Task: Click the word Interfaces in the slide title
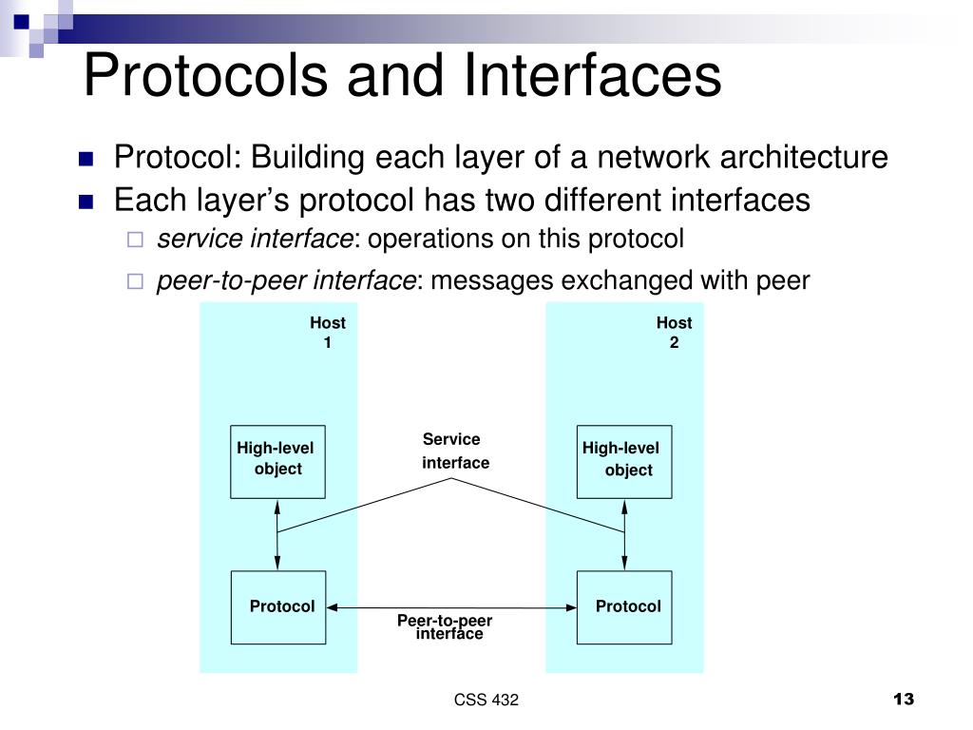(593, 77)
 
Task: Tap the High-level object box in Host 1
(277, 461)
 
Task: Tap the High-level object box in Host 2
(624, 461)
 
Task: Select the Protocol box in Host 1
(278, 607)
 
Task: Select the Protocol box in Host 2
(624, 607)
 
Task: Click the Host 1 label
(328, 333)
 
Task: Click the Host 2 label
(674, 333)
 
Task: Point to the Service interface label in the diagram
(454, 451)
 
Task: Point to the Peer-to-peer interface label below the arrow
(446, 627)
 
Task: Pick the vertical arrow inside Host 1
(277, 534)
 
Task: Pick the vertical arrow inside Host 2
(624, 534)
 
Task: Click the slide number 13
(903, 700)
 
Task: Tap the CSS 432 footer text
(486, 701)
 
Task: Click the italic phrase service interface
(255, 240)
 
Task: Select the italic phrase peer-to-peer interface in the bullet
(286, 280)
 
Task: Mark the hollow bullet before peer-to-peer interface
(135, 281)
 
